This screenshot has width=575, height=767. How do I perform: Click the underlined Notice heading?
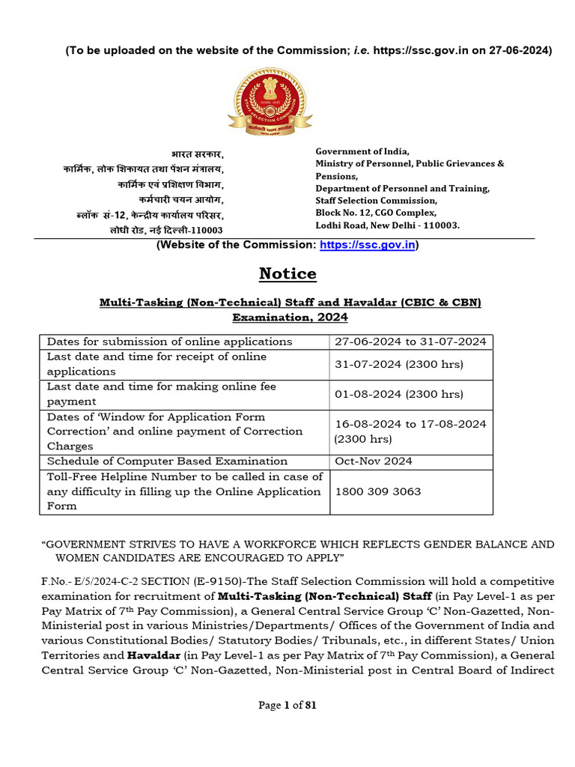coord(287,274)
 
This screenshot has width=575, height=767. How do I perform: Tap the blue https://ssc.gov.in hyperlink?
coord(368,245)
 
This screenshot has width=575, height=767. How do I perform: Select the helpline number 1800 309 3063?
coord(377,492)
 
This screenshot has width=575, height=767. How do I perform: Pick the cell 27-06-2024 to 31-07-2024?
coord(410,342)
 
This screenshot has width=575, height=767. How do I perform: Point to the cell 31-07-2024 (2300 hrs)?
coord(398,365)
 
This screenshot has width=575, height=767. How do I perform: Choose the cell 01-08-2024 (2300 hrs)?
coord(398,394)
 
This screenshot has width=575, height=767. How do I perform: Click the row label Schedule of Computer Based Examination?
coord(167,461)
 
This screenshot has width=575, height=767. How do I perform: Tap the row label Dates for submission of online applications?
coord(169,342)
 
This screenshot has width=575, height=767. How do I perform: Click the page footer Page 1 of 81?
coord(287,705)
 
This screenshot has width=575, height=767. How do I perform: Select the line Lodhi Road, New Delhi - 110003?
coord(387,225)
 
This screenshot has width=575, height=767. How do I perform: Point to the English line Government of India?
coord(362,151)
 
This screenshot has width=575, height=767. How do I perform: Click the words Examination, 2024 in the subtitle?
coord(290,318)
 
